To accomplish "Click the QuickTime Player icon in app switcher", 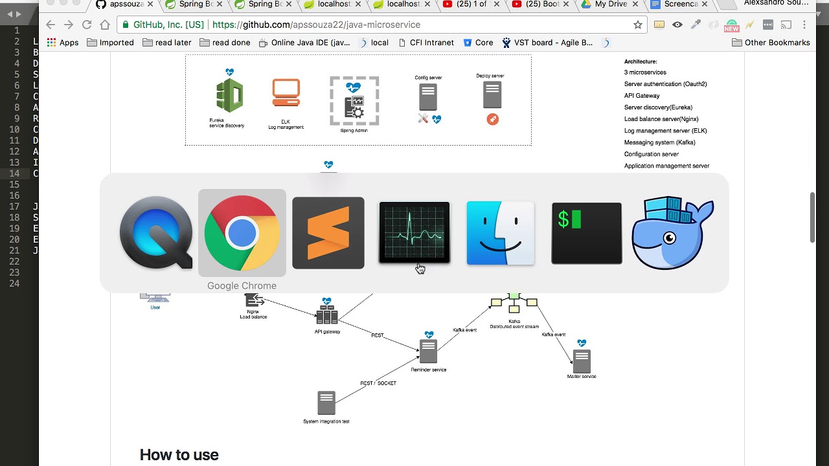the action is click(x=156, y=233).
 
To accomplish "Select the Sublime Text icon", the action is click(x=328, y=233).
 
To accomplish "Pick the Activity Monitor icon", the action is click(x=414, y=233).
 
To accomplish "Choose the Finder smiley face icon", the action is click(x=501, y=233).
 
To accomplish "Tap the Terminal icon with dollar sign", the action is click(x=587, y=233).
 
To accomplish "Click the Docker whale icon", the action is click(x=673, y=233).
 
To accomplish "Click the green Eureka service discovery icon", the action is click(x=229, y=96).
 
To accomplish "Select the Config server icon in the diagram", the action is click(x=428, y=97).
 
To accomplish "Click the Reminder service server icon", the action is click(x=428, y=351).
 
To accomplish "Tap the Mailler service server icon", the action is click(x=582, y=361).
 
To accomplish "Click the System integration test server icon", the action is click(x=326, y=403).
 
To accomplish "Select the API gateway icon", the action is click(x=327, y=316).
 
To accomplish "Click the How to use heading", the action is click(x=179, y=455).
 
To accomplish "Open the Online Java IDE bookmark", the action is click(x=304, y=43).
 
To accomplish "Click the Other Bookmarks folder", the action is click(x=771, y=43).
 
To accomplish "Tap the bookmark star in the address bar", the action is click(x=638, y=25).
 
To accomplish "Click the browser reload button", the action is click(x=87, y=25).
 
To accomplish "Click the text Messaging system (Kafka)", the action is click(x=659, y=142).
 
